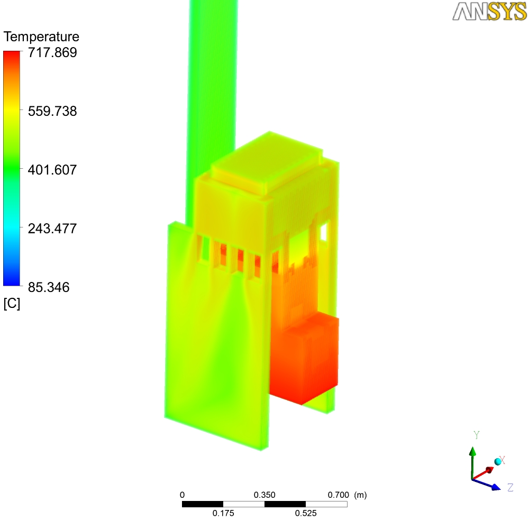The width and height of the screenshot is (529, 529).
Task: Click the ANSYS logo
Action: pos(489,12)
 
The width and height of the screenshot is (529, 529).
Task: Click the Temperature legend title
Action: pos(41,37)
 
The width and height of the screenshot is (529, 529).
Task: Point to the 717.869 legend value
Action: pos(52,52)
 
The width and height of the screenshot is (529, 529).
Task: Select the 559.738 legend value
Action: pos(52,111)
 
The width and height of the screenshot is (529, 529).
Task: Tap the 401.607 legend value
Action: pos(52,170)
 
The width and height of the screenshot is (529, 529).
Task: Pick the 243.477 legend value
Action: pos(52,229)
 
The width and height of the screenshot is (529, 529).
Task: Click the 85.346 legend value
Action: pos(49,287)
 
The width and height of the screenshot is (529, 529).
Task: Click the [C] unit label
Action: pos(12,303)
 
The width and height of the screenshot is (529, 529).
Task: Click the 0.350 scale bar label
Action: pos(264,495)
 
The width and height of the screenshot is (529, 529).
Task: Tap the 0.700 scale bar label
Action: pos(339,495)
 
